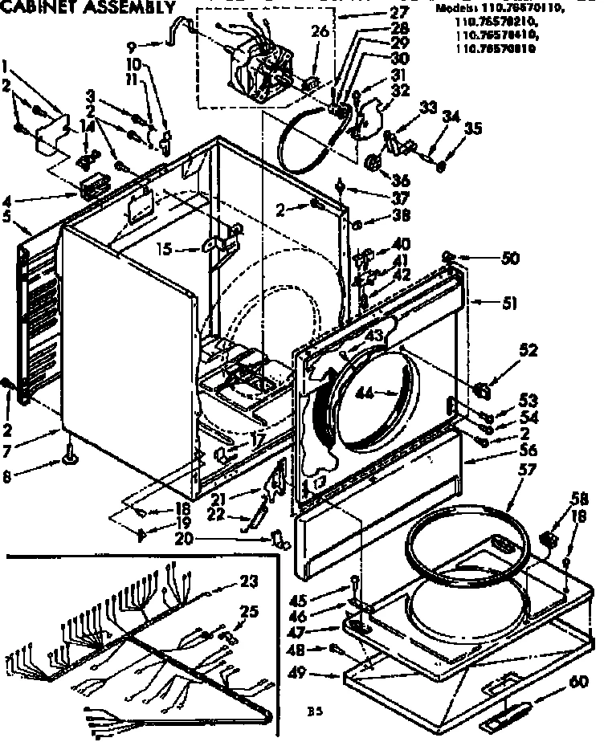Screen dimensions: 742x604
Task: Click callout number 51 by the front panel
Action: pyautogui.click(x=509, y=303)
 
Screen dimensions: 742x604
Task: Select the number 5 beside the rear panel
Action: pyautogui.click(x=7, y=216)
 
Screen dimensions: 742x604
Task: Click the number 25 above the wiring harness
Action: pyautogui.click(x=249, y=612)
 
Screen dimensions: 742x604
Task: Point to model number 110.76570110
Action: pyautogui.click(x=524, y=9)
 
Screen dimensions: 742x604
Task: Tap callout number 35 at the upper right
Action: pyautogui.click(x=474, y=128)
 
